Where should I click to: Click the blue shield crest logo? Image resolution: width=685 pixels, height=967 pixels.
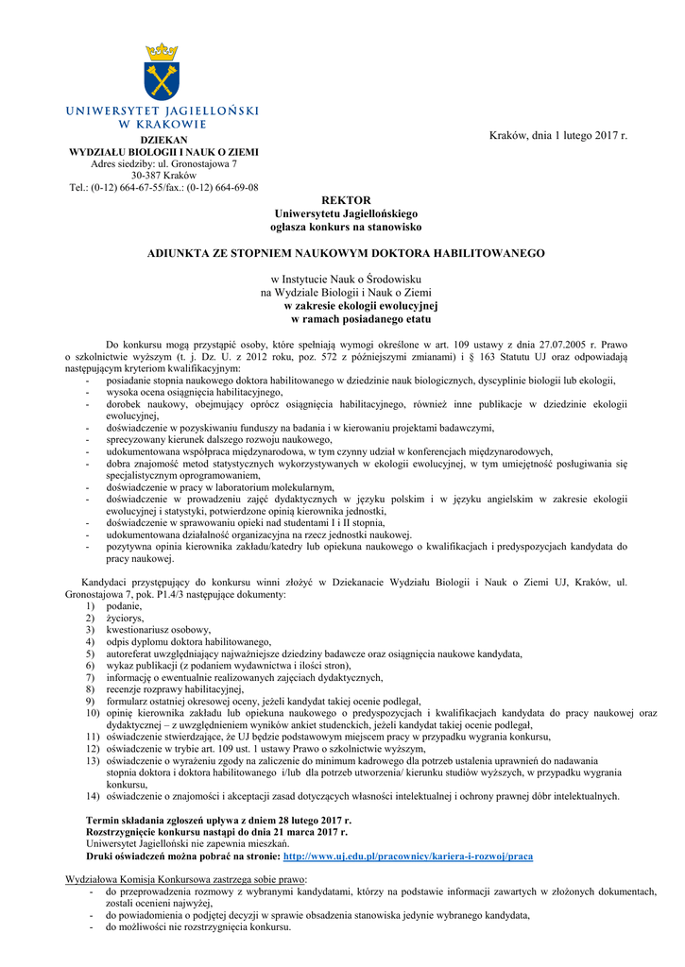163,80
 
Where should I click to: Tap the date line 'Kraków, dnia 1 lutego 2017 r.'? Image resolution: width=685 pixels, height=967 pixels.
557,136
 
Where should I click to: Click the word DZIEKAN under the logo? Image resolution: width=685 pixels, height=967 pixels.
163,140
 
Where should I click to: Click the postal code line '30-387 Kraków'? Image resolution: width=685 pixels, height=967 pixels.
163,176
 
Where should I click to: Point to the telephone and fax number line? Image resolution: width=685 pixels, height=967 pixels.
163,188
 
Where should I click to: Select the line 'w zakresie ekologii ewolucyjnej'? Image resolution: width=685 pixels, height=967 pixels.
361,306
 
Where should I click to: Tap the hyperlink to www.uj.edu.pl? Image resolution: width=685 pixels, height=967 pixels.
408,857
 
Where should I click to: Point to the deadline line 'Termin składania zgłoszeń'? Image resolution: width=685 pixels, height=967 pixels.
218,821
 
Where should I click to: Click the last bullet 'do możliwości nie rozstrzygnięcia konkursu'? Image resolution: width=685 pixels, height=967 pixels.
197,927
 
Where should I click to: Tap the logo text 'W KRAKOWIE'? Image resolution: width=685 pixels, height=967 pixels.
163,123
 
